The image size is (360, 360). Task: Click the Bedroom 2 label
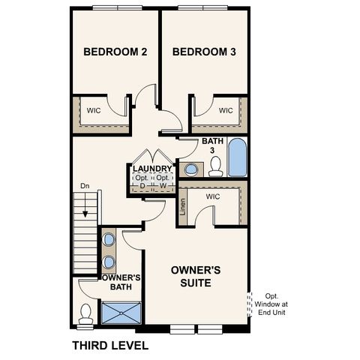click(x=115, y=52)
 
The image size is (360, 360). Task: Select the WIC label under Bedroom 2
click(x=93, y=109)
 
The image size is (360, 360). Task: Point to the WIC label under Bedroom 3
click(x=226, y=110)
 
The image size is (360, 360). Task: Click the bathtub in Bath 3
click(x=236, y=157)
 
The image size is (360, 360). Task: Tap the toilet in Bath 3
click(x=216, y=168)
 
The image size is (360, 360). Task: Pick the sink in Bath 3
click(x=190, y=169)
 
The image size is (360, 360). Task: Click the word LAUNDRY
click(x=152, y=169)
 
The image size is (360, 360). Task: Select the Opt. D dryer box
click(x=142, y=182)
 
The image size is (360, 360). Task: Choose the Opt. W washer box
click(x=163, y=182)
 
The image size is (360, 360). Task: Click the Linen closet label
click(x=184, y=206)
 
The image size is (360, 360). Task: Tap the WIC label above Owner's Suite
click(x=212, y=196)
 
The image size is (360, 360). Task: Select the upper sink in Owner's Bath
click(x=109, y=240)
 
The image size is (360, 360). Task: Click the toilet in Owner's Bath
click(x=85, y=312)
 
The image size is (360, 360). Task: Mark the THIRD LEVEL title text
click(x=110, y=346)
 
